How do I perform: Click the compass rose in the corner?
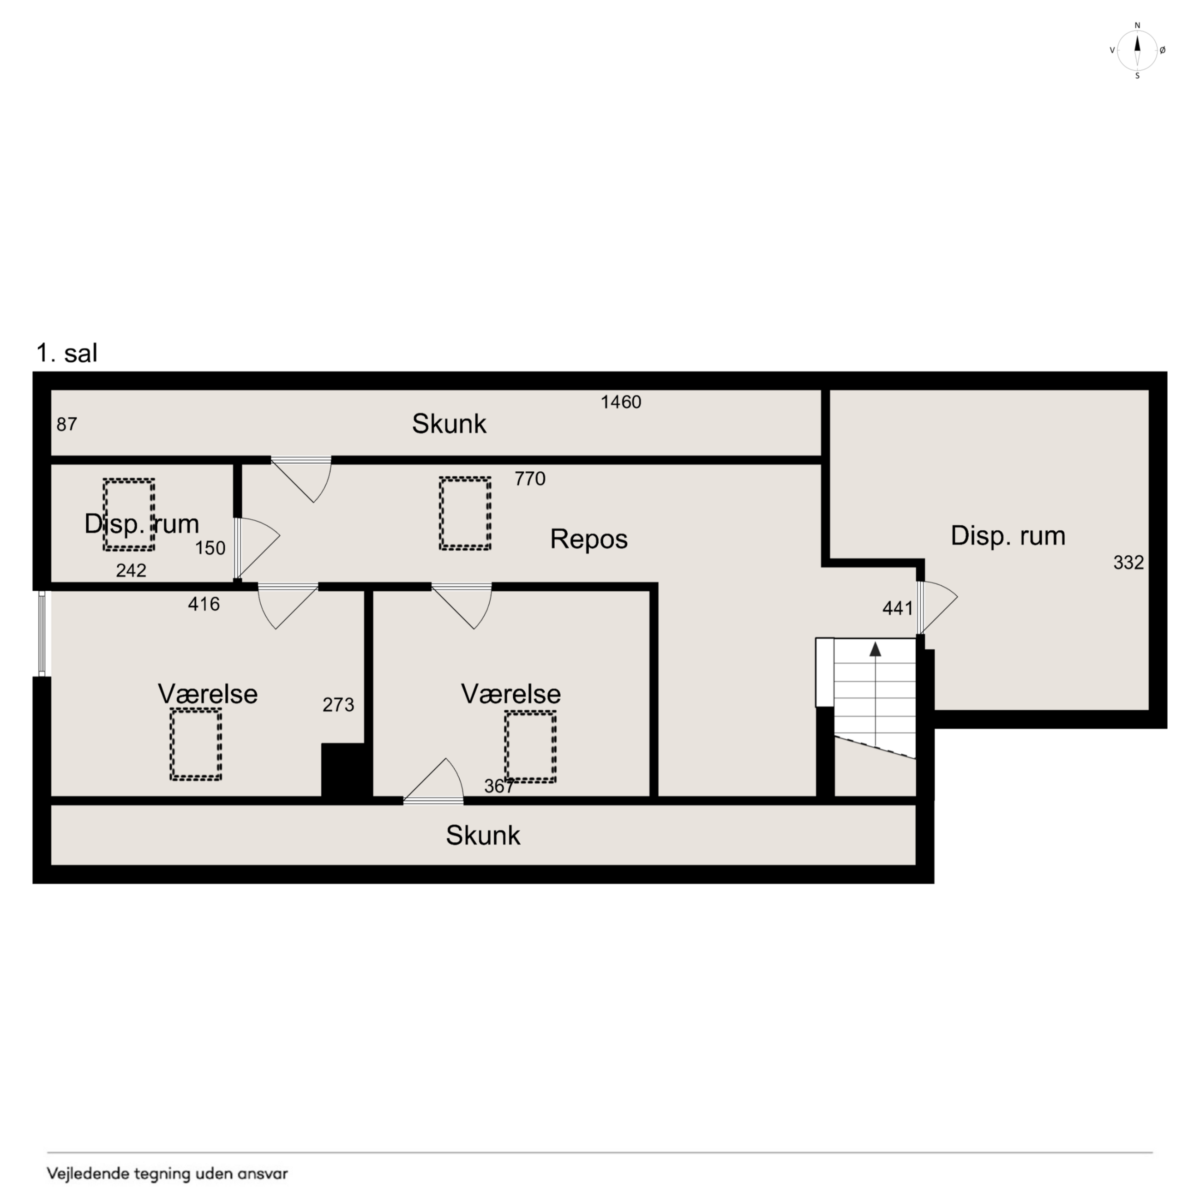click(x=1137, y=50)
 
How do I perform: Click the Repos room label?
click(x=589, y=539)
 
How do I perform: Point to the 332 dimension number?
click(x=1128, y=562)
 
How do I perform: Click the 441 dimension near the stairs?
click(x=898, y=608)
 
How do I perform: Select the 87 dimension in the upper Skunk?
click(x=67, y=424)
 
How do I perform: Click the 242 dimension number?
click(x=131, y=570)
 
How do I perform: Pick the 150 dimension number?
click(x=210, y=548)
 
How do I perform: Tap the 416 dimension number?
click(x=204, y=604)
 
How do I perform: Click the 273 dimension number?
click(x=338, y=704)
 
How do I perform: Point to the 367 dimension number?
click(x=499, y=786)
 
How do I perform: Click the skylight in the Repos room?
click(x=465, y=513)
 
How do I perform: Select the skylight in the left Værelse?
click(x=196, y=744)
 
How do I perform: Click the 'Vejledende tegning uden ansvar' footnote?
click(x=168, y=1173)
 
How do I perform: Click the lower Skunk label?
click(x=483, y=835)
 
